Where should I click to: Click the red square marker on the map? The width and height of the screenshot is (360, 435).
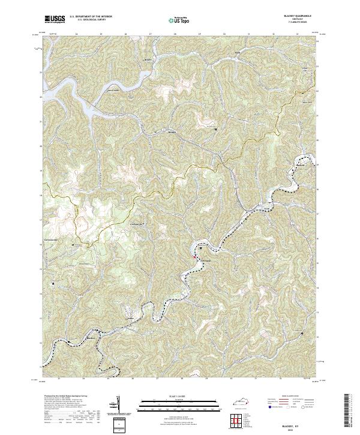coord(195,257)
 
